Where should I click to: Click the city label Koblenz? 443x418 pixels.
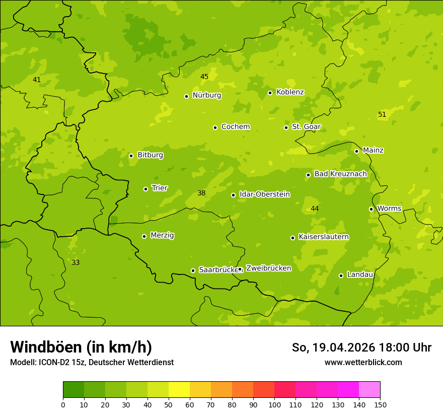click(290, 92)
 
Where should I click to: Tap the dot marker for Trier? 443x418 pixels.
click(146, 189)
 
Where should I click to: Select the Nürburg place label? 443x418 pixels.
click(206, 95)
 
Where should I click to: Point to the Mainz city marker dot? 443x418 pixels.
click(356, 151)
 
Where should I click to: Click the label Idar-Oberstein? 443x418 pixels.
click(264, 194)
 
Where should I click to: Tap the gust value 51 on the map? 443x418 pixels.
click(382, 114)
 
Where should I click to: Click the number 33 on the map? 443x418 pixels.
click(76, 262)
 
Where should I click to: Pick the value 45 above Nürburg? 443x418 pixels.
click(204, 77)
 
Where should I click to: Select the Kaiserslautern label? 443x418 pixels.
click(324, 237)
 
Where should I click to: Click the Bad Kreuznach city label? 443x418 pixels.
click(340, 174)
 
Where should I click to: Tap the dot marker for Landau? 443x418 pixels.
click(341, 275)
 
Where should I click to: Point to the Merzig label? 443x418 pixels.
click(162, 235)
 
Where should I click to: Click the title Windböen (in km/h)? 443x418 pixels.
click(81, 347)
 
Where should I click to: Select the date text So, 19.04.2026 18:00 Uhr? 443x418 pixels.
click(361, 347)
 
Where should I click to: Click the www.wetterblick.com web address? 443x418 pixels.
click(363, 362)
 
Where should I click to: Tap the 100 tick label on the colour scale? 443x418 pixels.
click(274, 404)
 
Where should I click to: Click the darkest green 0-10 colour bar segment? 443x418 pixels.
click(73, 390)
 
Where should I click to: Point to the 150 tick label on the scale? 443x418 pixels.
click(380, 404)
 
